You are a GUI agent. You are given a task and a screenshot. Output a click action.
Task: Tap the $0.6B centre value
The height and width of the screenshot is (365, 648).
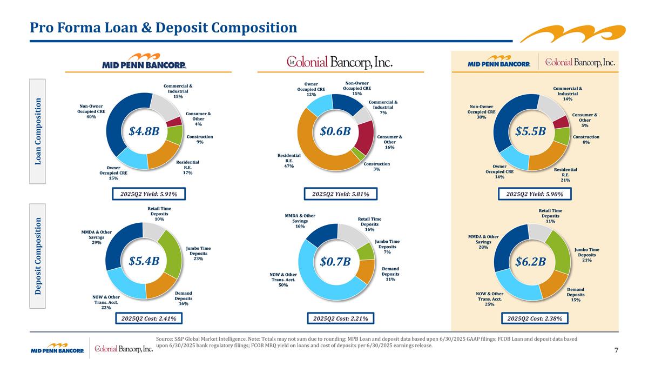click(336, 131)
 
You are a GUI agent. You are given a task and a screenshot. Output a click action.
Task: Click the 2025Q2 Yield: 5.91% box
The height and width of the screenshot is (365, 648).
click(145, 194)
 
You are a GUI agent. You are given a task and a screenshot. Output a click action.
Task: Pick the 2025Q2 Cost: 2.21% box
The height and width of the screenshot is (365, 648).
click(340, 318)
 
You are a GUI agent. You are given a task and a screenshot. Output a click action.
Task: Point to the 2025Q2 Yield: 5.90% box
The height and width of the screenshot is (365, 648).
click(535, 194)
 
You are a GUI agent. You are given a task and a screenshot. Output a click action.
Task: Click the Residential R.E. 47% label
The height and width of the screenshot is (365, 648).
click(289, 161)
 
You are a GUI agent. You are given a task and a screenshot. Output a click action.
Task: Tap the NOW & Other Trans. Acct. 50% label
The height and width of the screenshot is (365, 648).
click(283, 280)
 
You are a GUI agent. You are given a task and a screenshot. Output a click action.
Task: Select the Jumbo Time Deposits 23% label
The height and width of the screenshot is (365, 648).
click(198, 254)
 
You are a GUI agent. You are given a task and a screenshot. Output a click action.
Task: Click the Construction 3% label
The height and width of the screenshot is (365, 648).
click(376, 167)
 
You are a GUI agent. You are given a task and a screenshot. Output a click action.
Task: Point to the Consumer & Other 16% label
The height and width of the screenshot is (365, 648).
click(390, 142)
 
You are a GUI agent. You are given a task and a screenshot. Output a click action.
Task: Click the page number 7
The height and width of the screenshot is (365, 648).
click(616, 350)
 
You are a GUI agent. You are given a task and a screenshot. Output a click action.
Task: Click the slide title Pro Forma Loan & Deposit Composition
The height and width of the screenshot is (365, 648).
click(164, 27)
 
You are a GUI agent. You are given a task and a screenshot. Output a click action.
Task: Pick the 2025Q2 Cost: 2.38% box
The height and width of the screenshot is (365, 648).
click(535, 318)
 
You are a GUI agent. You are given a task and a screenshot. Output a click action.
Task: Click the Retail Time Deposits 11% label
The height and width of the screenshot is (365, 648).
click(550, 215)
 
